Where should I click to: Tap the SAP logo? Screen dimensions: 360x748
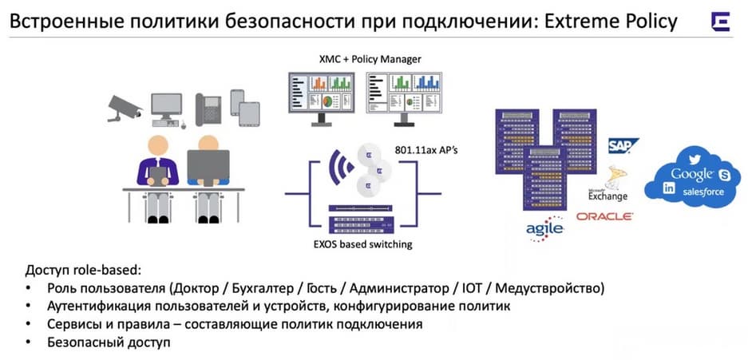(623, 145)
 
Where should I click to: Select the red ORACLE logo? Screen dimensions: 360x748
(604, 216)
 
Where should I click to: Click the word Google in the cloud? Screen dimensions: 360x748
(691, 175)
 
